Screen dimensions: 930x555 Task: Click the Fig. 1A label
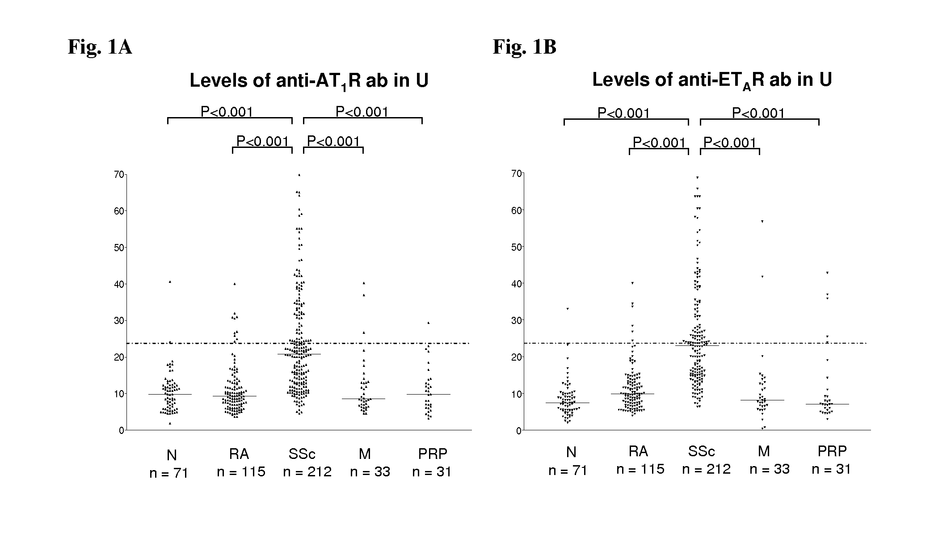coord(100,47)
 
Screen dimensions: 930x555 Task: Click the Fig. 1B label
coord(524,47)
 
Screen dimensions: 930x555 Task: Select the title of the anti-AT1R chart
coord(309,81)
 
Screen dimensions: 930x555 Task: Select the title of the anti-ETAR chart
coord(712,80)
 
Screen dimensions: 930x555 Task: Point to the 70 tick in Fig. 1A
coord(119,174)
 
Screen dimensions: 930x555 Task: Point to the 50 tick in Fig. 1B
coord(516,247)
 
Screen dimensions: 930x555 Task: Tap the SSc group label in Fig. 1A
coord(302,454)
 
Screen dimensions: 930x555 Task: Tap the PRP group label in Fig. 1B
coord(832,451)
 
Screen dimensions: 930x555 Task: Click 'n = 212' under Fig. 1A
coord(307,472)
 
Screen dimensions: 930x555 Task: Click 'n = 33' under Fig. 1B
coord(770,469)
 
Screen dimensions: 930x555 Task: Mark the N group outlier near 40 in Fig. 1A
coord(170,282)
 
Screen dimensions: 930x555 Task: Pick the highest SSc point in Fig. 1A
coord(299,175)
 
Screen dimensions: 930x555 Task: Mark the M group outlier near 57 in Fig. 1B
coord(762,221)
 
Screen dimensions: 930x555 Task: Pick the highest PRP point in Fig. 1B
coord(827,273)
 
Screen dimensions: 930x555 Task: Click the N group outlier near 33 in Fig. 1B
coord(568,309)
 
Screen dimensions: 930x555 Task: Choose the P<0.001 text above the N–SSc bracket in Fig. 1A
coord(227,112)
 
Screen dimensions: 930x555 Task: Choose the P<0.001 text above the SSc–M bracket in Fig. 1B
coord(730,143)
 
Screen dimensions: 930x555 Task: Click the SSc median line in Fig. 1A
coord(299,354)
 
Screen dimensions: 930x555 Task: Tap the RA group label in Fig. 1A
coord(239,454)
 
